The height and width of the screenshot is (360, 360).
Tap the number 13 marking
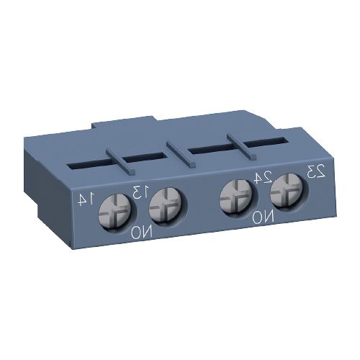[140, 191]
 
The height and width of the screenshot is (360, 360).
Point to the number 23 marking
[316, 171]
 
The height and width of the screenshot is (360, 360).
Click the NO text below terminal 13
[143, 233]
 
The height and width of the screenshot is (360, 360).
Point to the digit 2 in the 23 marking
[320, 171]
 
